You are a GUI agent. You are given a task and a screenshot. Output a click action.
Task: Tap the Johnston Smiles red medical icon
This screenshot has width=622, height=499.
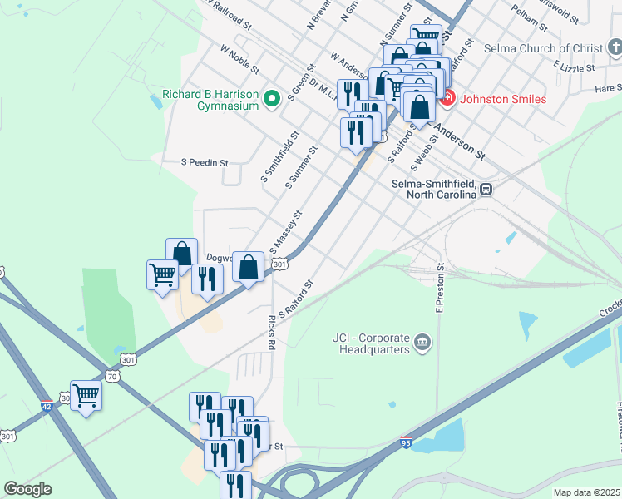coord(447,98)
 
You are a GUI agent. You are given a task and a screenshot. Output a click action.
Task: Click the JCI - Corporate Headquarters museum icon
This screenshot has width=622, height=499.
coord(422,342)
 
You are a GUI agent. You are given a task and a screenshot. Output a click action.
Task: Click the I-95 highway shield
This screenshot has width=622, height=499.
coord(406,442)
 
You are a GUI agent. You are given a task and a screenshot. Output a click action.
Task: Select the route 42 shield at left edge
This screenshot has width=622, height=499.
coord(47,405)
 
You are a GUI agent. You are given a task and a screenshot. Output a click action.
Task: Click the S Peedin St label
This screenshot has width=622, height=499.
coord(205,163)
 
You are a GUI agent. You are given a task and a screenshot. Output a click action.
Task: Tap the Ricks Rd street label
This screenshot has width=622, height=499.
coord(271,331)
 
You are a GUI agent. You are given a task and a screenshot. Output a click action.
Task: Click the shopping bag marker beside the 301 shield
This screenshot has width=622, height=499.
coord(249,267)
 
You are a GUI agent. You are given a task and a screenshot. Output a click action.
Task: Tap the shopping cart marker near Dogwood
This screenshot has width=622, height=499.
coord(162,274)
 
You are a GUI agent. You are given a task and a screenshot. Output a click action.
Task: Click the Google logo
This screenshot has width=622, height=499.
coord(27,489)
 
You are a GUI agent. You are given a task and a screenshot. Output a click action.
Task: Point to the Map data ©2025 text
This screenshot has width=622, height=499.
coord(586,492)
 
